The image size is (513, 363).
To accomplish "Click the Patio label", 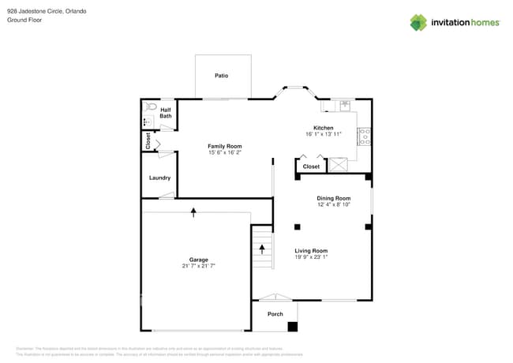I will pos(222,76).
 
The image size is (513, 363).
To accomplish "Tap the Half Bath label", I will pos(166,113).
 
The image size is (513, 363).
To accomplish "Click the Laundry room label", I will pos(159,178).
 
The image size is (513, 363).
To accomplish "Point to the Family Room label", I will pos(225,146).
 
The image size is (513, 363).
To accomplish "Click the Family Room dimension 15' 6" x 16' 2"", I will pos(225,153).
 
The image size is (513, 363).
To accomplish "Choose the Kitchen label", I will pos(324,128).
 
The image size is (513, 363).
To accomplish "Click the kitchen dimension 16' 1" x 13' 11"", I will pos(324,134).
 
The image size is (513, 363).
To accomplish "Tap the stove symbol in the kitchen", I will pos(364,137).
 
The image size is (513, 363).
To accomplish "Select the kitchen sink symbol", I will pos(346,106).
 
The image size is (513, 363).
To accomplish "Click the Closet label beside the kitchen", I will pos(312,167).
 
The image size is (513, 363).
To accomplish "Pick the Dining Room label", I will pos(333,198).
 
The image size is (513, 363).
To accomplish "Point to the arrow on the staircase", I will pos(263,250).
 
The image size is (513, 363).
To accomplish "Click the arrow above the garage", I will pos(194,211).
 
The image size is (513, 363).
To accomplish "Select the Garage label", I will pos(198,260).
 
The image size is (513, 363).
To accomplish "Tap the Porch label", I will pos(275,314).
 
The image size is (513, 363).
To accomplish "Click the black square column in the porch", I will pos(293,326).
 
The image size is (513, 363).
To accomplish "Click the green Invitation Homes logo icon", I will pos(418,22).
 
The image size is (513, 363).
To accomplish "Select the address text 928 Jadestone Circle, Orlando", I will pos(47,11).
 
